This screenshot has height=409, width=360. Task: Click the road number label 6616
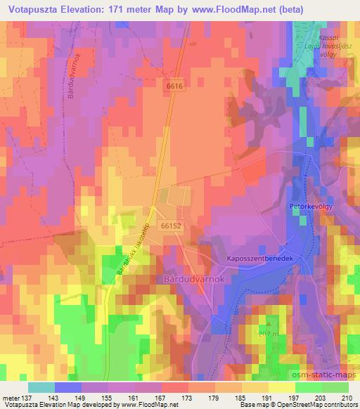[x=175, y=85]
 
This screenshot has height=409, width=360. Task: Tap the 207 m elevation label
[x=268, y=332]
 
